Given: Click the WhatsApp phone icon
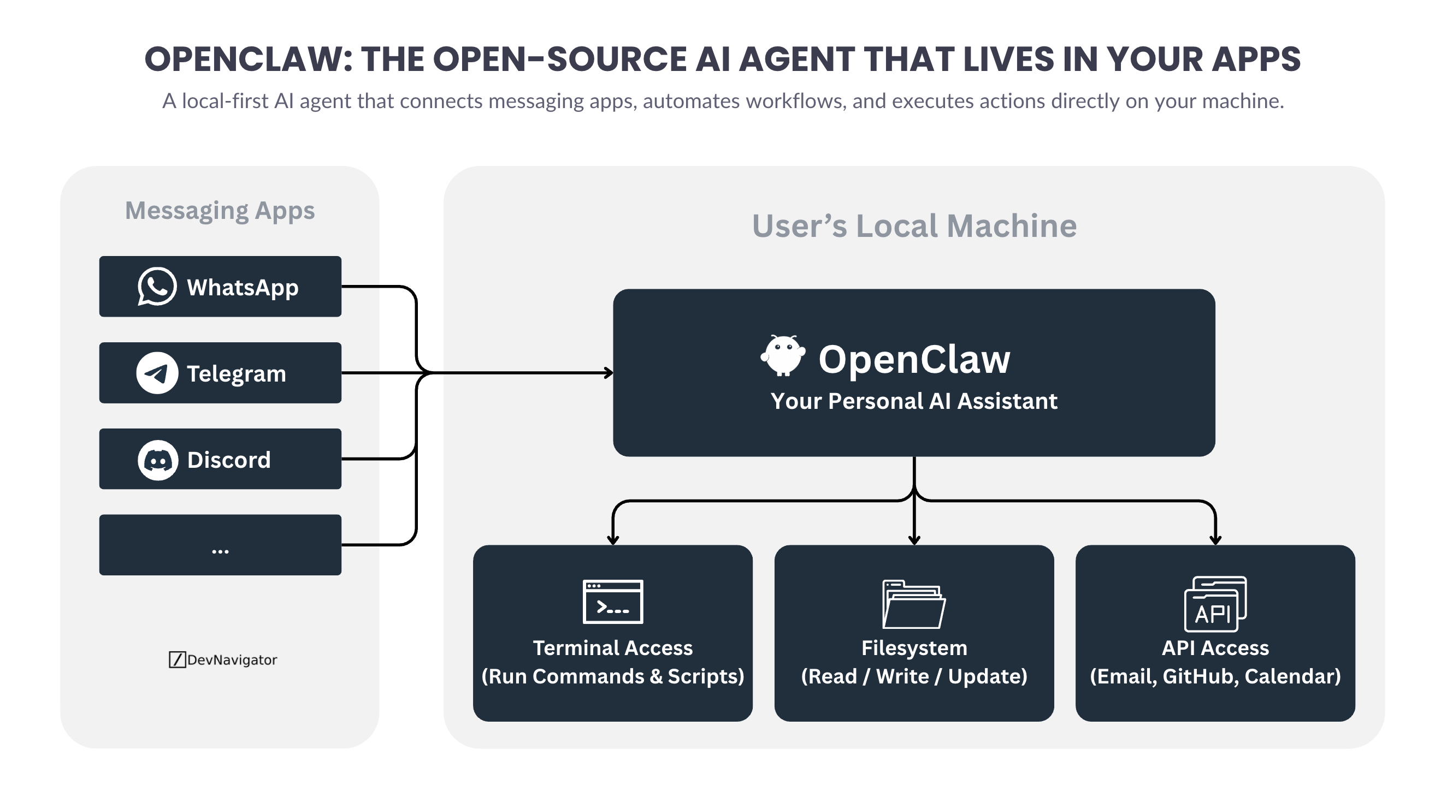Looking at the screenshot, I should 157,286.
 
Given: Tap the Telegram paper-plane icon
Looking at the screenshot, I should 157,373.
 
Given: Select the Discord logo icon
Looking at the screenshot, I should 158,460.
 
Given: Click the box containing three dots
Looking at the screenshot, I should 220,545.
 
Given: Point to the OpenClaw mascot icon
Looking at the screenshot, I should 783,355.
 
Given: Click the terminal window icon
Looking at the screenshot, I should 612,602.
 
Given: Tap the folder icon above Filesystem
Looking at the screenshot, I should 913,604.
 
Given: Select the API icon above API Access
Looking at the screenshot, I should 1215,604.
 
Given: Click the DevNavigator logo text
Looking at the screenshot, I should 223,660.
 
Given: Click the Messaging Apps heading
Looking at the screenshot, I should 220,211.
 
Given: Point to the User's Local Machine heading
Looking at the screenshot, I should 914,226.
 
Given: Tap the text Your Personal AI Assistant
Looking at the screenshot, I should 913,401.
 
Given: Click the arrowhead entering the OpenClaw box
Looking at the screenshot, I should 609,372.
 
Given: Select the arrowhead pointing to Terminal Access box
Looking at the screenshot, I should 612,540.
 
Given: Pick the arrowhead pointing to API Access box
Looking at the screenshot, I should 1215,540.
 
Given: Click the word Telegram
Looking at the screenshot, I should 236,373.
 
